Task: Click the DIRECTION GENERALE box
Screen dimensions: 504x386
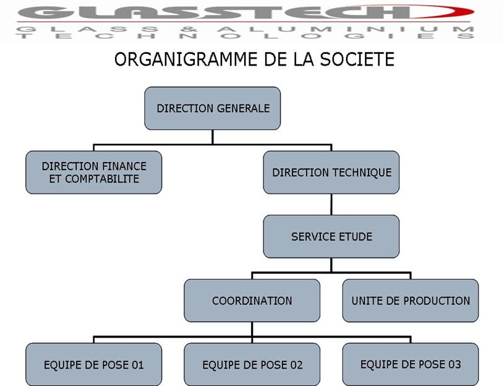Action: tap(213, 108)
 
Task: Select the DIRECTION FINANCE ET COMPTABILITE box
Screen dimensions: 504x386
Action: tap(94, 172)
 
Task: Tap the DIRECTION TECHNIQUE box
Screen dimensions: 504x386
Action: tap(331, 172)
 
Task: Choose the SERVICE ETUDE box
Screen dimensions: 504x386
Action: tap(331, 236)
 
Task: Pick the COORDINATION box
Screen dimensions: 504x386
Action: tap(252, 301)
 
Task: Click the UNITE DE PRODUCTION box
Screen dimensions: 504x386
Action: tap(411, 301)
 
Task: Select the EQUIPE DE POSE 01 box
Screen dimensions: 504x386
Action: tap(94, 364)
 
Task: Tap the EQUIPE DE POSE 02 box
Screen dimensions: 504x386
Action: tap(252, 364)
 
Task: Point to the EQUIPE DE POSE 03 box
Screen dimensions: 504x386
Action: tap(411, 364)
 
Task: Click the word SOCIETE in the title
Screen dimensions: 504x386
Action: tap(357, 59)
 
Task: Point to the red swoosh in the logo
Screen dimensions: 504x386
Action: tap(450, 12)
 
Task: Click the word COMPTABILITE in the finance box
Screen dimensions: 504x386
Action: tap(102, 179)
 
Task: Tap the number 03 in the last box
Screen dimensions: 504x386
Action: tap(455, 364)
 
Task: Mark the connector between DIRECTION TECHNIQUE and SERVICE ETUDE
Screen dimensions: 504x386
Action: tap(331, 204)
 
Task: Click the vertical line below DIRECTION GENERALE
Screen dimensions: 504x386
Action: tap(213, 137)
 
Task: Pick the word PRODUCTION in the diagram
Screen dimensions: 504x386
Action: tap(436, 301)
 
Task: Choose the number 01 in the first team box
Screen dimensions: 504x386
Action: tap(137, 365)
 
